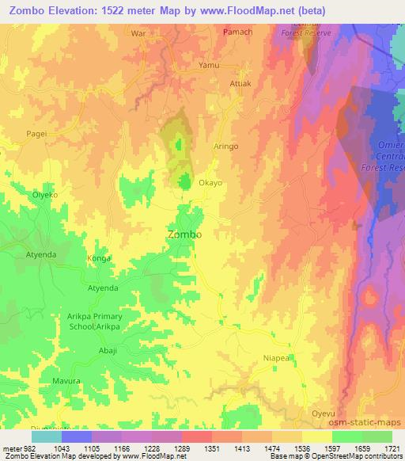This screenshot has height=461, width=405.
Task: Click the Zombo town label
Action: tap(184, 235)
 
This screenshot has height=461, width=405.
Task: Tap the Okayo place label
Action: tap(210, 182)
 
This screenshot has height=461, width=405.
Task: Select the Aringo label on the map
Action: tap(226, 147)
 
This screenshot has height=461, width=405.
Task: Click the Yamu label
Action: tap(209, 65)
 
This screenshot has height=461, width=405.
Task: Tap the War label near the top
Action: tap(139, 34)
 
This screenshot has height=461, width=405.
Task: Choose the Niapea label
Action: tap(277, 358)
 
